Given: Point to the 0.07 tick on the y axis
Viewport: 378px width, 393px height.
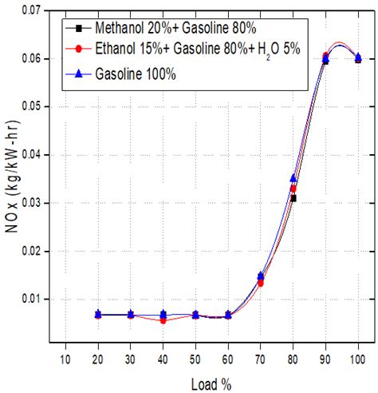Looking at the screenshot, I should click(30, 10).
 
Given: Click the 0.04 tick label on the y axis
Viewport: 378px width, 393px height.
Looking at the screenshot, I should click(30, 155).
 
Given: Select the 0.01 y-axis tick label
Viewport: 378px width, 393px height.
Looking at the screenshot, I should click(30, 300).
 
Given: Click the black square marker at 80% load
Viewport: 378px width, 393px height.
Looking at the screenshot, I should click(293, 198).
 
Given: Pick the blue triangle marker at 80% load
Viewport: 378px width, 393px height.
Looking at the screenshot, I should click(293, 178).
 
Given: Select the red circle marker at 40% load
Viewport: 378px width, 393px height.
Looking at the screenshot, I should click(163, 320).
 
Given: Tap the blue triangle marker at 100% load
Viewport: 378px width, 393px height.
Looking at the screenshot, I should click(358, 57).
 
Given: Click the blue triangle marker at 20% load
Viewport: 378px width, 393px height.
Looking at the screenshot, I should click(97, 314).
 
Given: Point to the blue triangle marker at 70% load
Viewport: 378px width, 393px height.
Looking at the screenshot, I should click(260, 276).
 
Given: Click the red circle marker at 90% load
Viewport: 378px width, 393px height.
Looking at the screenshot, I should click(325, 56).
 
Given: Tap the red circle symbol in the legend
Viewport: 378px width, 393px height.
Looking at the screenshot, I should click(80, 50).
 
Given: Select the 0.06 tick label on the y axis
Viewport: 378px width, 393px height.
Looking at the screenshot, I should click(30, 59).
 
